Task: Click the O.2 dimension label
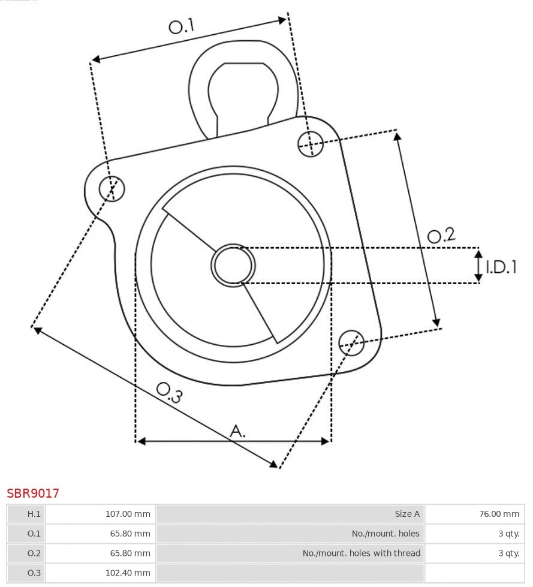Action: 441,235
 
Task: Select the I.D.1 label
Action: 501,267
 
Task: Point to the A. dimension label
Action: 238,431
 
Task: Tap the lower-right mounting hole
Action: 351,342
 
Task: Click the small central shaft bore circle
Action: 233,265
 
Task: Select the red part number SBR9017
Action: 33,493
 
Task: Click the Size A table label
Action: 407,514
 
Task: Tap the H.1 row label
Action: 34,514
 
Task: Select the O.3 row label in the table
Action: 34,573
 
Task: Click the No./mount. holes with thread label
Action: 361,553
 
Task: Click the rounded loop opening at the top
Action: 243,93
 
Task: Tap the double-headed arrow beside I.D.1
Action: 478,266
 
